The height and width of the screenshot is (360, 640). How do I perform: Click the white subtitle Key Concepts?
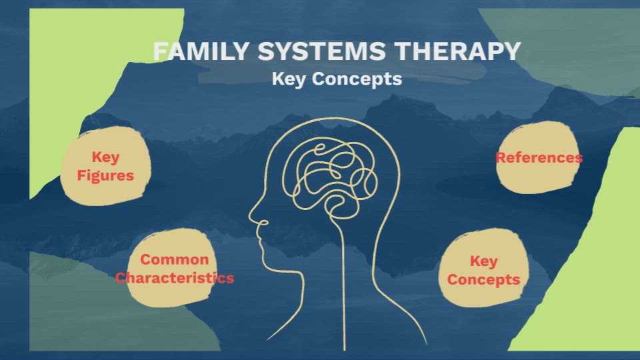(x=337, y=79)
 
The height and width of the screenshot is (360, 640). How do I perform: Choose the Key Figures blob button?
(x=105, y=165)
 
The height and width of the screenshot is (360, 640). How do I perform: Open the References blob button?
(x=537, y=158)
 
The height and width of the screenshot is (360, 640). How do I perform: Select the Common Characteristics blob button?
(x=175, y=268)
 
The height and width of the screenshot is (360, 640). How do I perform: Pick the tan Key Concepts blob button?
(x=484, y=269)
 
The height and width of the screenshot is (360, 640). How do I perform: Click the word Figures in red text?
(x=105, y=175)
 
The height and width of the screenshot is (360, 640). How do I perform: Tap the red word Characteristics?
(x=175, y=277)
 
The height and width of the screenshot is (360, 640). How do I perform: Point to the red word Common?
(x=175, y=259)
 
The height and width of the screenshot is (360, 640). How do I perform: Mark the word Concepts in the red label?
(x=484, y=279)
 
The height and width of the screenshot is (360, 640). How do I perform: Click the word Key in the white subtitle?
(x=289, y=79)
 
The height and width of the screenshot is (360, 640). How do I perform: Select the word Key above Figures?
(x=105, y=157)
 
